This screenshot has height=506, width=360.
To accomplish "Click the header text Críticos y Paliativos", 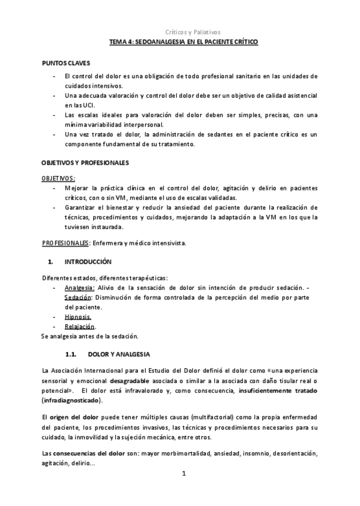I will (192, 32).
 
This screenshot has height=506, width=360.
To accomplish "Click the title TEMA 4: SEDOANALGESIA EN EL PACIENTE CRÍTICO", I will (183, 43).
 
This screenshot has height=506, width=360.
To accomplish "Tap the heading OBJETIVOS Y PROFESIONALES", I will (85, 162).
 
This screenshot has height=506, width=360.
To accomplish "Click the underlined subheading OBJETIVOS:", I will (59, 178).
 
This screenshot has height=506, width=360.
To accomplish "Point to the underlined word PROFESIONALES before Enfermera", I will (65, 243).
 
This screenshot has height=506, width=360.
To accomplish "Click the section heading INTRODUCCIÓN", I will (88, 261).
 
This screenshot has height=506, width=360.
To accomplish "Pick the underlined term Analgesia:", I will (79, 288).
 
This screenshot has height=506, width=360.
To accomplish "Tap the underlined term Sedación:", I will (78, 298).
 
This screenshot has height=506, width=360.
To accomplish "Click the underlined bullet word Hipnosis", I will (78, 317).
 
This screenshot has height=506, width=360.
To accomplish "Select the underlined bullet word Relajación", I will (80, 326).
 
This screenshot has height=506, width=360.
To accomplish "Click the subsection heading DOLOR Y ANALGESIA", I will (119, 354).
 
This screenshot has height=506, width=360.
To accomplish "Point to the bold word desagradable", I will (130, 381).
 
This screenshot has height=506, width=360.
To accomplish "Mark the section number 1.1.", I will (71, 354).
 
